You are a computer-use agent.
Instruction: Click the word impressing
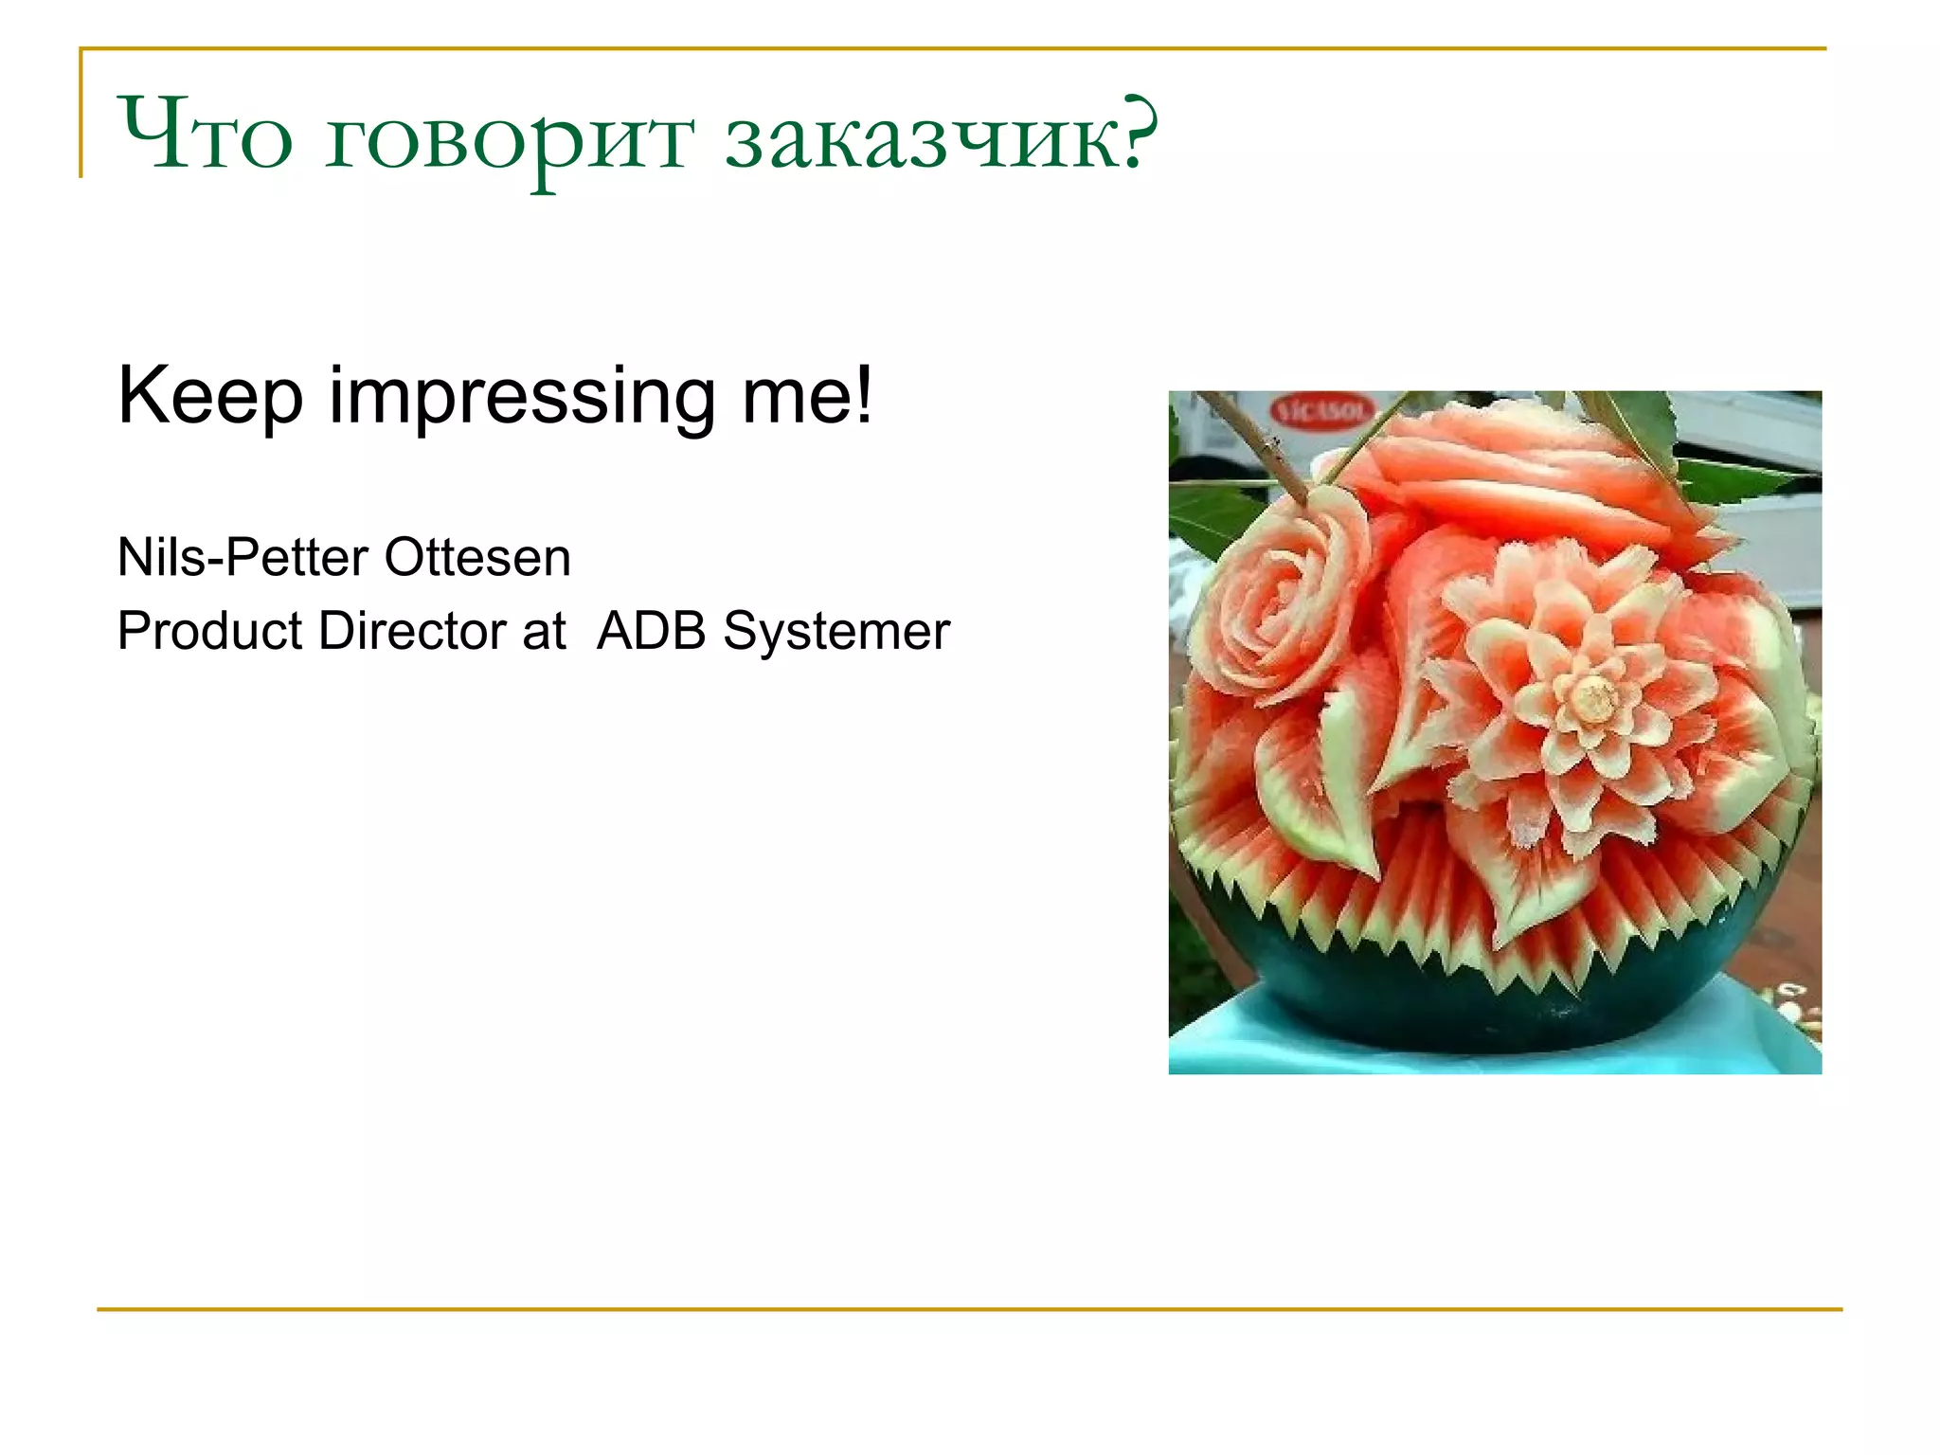pos(521,398)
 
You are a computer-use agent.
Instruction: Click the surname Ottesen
pos(477,557)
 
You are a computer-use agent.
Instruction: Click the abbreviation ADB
pos(652,631)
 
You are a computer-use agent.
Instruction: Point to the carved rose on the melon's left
pos(1274,597)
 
